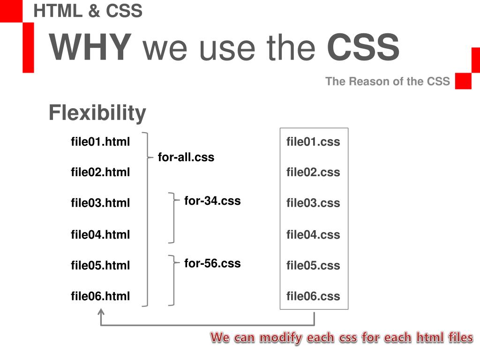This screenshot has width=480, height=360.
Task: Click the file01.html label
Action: click(100, 142)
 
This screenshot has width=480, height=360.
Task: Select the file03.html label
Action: click(100, 203)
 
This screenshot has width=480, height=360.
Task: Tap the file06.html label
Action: click(100, 296)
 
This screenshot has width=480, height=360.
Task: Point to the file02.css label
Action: click(313, 172)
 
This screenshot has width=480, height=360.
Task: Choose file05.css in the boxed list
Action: click(313, 265)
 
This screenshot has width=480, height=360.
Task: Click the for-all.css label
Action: click(186, 157)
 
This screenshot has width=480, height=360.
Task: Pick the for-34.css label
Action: click(212, 201)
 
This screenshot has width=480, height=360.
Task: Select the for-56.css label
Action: click(212, 263)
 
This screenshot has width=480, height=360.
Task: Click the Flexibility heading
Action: click(97, 113)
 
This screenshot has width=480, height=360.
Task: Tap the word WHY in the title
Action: click(90, 48)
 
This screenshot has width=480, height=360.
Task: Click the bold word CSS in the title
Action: click(363, 48)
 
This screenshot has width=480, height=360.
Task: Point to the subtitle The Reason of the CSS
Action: click(387, 82)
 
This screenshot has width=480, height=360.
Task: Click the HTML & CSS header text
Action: click(88, 11)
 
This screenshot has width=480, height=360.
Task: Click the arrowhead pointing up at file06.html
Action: click(101, 312)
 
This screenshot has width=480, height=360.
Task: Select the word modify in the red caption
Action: click(280, 337)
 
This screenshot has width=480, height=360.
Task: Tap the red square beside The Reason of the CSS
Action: click(463, 81)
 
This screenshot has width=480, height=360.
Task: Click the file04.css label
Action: click(313, 234)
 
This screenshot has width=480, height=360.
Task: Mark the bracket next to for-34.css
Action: click(172, 217)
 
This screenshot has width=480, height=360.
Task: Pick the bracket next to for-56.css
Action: click(172, 280)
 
